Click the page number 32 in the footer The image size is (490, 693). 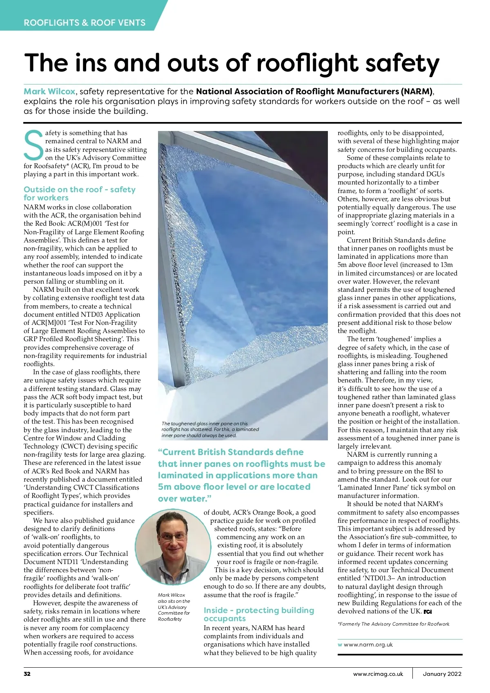(27, 674)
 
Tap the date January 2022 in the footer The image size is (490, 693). (442, 674)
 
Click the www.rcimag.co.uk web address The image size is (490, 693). (378, 674)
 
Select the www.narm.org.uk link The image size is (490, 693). (368, 645)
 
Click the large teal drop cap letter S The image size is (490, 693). (33, 146)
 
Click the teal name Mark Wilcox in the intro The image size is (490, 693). (49, 91)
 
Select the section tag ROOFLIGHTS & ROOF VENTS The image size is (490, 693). (85, 22)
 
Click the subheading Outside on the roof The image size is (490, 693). (79, 193)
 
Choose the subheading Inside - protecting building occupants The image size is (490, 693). (258, 614)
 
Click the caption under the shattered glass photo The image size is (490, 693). (210, 429)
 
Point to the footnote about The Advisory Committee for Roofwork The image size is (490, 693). (393, 624)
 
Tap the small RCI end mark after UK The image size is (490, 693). (428, 612)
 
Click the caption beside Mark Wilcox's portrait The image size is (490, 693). (174, 607)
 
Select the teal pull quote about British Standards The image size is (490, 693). (241, 475)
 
